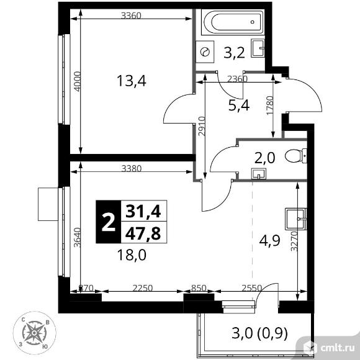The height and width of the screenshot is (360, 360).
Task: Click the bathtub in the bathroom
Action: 232,22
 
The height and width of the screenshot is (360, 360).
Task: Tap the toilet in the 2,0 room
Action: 295,156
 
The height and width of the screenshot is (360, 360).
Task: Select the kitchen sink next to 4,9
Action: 295,219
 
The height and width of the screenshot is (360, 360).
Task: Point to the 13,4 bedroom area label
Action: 132,81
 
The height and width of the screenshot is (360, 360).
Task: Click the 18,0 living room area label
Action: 132,255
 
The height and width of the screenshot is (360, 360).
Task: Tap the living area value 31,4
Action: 143,211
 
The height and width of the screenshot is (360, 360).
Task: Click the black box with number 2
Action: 108,222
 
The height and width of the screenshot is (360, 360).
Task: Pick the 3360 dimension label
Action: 131,16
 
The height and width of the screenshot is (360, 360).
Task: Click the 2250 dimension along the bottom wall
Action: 143,287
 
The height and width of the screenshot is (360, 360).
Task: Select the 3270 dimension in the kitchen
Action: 294,241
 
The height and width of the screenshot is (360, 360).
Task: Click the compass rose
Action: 34,333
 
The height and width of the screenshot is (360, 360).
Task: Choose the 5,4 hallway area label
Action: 239,106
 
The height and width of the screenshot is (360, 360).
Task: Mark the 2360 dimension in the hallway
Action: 237,79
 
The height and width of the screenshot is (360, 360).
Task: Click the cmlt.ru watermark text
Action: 338,348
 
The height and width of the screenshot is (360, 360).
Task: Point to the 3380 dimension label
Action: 132,169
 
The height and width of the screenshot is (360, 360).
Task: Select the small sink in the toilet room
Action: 259,174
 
